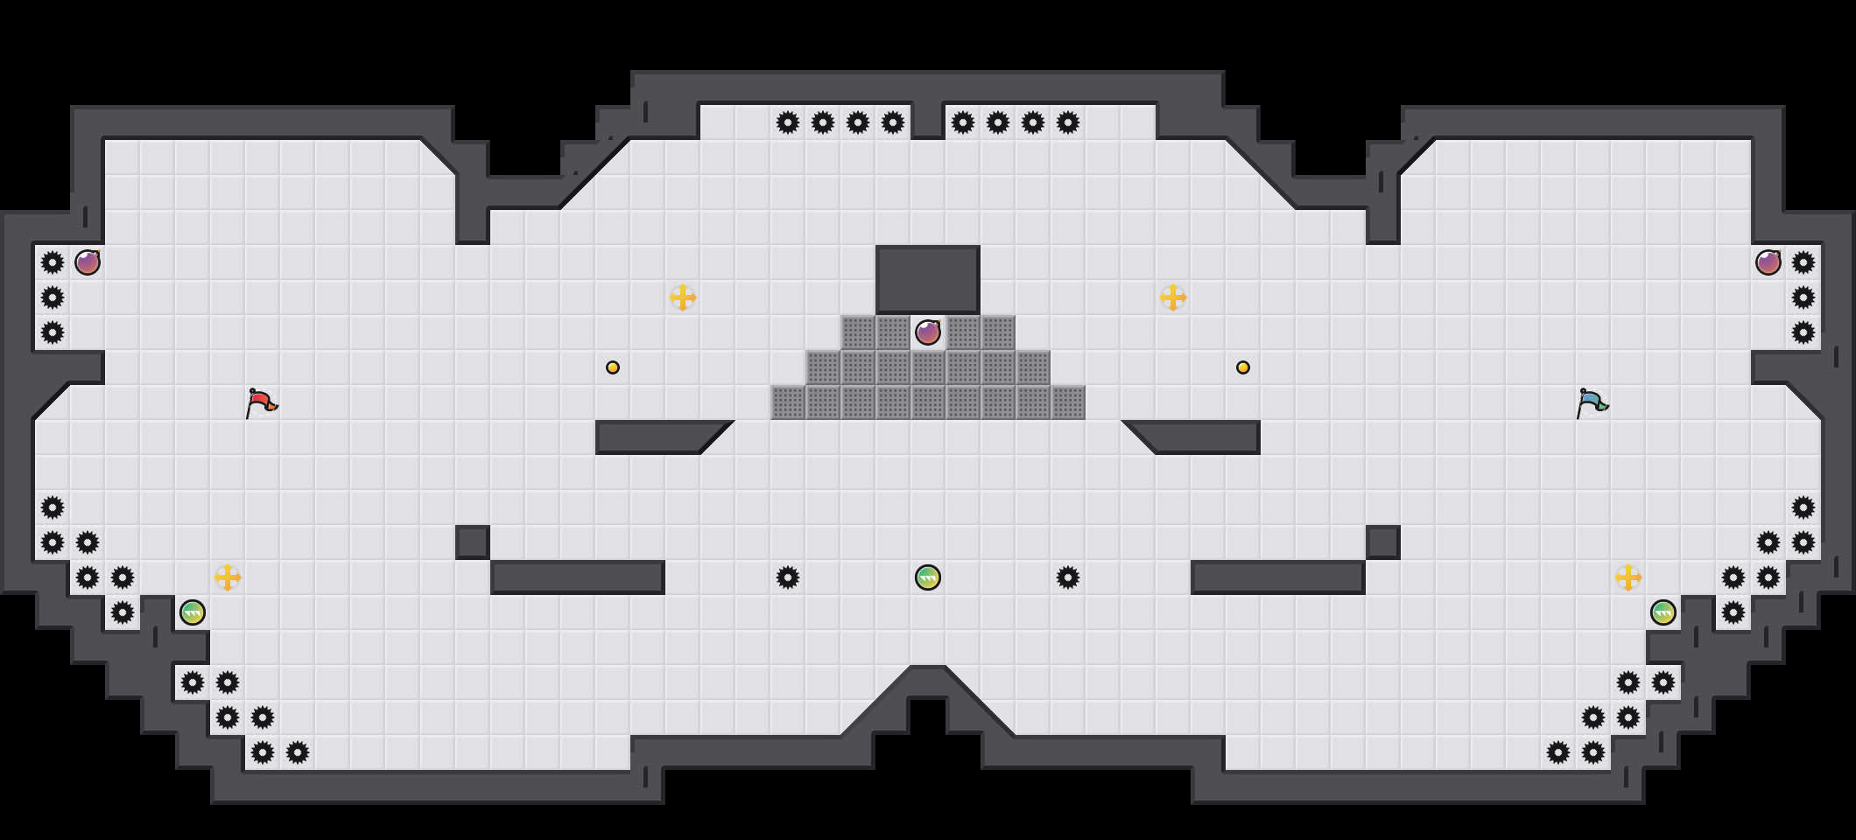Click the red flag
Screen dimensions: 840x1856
click(260, 402)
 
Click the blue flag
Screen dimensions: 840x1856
click(1591, 402)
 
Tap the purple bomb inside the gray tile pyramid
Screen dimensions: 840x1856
click(928, 332)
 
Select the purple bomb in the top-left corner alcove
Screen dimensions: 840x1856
click(88, 262)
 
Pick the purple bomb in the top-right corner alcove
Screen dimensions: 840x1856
click(1768, 262)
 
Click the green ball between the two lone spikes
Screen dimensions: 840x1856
click(928, 577)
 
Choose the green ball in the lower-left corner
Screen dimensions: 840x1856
click(193, 612)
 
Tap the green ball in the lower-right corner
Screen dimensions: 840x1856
click(1663, 612)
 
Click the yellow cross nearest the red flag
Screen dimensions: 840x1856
click(683, 297)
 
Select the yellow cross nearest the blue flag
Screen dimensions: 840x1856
click(1173, 297)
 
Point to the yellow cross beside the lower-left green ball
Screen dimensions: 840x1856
click(228, 577)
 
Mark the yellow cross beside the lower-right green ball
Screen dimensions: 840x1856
click(1628, 577)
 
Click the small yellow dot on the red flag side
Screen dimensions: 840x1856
click(613, 367)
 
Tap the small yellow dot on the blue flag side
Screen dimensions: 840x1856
click(1243, 367)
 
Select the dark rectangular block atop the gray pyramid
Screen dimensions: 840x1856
click(928, 279)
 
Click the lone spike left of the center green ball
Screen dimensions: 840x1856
click(788, 577)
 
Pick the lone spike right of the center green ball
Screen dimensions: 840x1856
click(1068, 577)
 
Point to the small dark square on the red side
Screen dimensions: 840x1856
click(473, 542)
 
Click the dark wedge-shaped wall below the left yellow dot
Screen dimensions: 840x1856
click(657, 437)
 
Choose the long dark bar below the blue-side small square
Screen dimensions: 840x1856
click(1278, 577)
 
